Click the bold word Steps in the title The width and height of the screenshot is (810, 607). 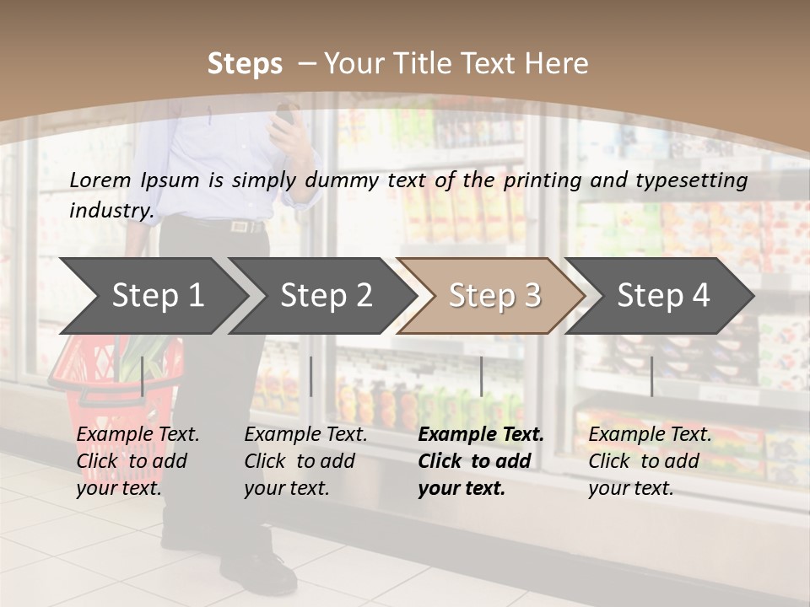coord(245,63)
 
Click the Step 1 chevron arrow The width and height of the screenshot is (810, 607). coord(157,295)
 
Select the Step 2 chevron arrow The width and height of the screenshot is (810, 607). coord(326,295)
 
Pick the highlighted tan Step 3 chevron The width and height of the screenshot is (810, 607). coord(494,295)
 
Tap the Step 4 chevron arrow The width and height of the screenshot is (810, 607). coord(663,295)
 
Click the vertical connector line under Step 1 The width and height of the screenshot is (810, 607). coord(143,376)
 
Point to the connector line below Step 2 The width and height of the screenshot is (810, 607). coord(311,376)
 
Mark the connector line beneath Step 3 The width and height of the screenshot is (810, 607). coord(481,376)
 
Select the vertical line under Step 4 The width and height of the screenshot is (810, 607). coord(651,376)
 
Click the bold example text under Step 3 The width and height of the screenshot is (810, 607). coord(481,461)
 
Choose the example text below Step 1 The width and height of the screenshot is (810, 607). coord(138,461)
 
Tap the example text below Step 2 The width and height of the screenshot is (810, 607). coord(305,461)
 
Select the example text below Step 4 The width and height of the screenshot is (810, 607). coord(650,461)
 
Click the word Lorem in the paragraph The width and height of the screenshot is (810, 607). coord(100,180)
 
